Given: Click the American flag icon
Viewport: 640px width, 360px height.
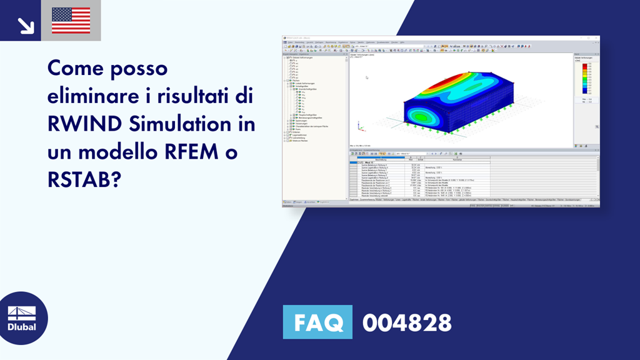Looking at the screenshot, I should [71, 20].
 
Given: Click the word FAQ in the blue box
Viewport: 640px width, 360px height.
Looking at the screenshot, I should [317, 322].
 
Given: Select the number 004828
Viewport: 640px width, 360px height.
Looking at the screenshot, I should [407, 323].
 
